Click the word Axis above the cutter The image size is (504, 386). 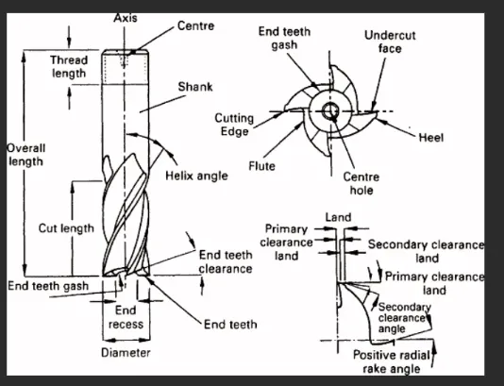(x=126, y=18)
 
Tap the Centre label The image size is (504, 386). (x=195, y=25)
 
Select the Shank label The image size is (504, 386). (x=195, y=87)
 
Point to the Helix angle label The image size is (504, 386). (x=196, y=176)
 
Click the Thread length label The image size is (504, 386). (x=69, y=66)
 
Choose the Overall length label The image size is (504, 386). (x=26, y=155)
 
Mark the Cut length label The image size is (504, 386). (x=66, y=228)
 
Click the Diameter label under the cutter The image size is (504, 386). (x=126, y=353)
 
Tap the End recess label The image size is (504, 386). (x=126, y=317)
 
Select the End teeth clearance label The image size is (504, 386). (x=226, y=261)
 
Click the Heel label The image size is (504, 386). (x=431, y=138)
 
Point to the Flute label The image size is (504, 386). (x=262, y=166)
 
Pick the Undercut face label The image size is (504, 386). (x=390, y=42)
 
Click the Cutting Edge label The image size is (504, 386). (x=234, y=125)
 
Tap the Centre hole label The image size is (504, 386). (x=361, y=183)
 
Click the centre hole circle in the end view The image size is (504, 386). (x=329, y=111)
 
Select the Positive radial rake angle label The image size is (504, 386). (x=392, y=361)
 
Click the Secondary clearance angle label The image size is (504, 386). (x=404, y=318)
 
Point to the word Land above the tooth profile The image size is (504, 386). (x=338, y=217)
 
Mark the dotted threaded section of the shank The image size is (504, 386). (x=126, y=67)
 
